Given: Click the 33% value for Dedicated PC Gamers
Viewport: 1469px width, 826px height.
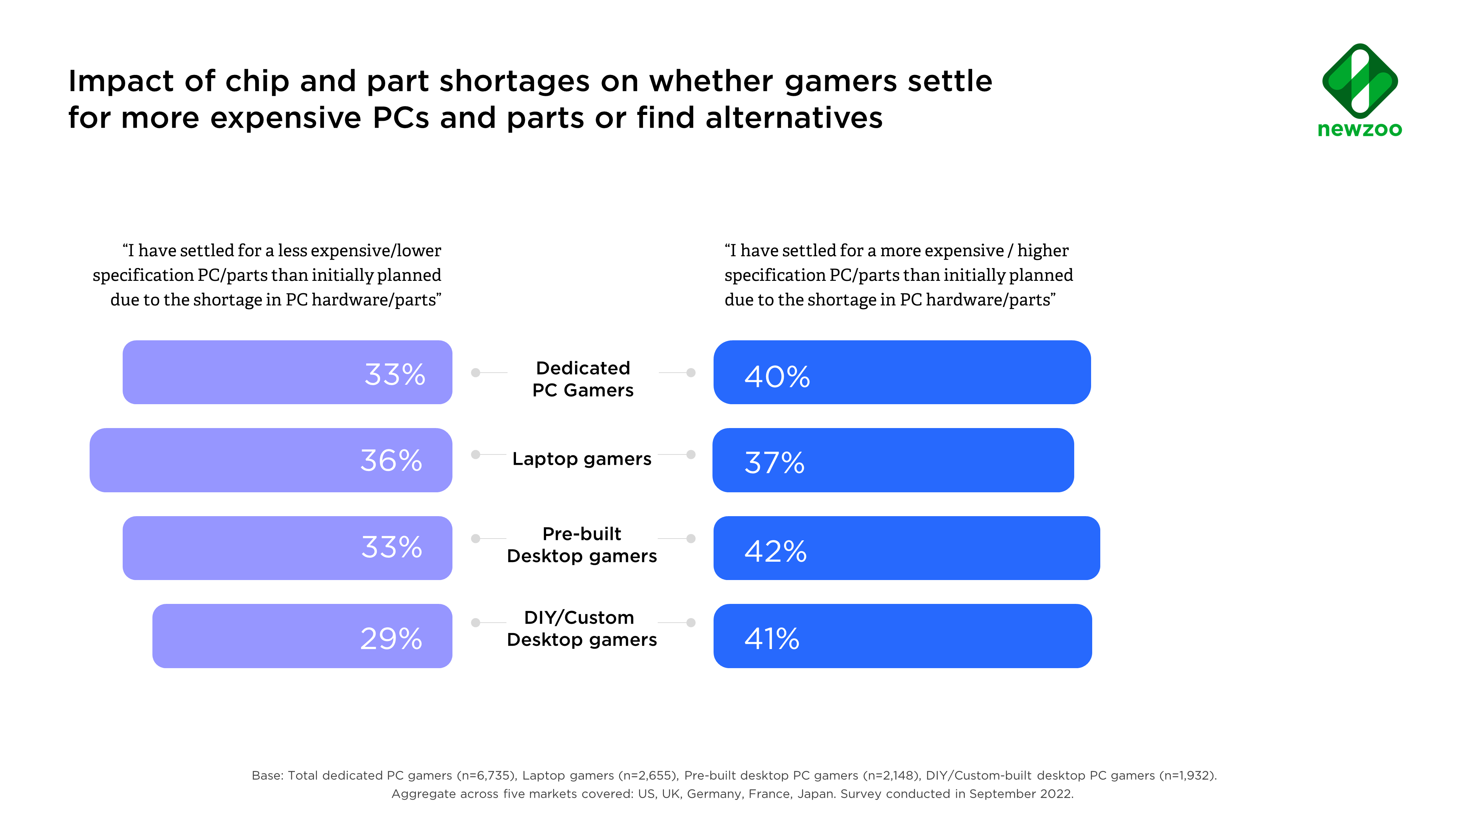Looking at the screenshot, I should (395, 374).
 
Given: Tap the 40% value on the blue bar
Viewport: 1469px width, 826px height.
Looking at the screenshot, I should (777, 377).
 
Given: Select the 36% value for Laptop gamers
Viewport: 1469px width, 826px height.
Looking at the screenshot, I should (391, 461).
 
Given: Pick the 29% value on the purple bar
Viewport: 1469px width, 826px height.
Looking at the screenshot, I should (391, 638).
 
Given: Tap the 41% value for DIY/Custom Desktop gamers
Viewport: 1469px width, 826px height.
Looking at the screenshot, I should (772, 638).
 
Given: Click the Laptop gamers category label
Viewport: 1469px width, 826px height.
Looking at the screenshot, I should (582, 459).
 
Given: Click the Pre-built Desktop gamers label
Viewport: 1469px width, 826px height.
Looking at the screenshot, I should (582, 545).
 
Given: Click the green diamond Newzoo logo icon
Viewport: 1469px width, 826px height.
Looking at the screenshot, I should (1360, 80).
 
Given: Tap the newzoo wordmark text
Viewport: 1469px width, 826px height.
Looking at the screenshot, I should (1360, 129).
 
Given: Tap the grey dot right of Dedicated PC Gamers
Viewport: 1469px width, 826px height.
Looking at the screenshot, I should (690, 373).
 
